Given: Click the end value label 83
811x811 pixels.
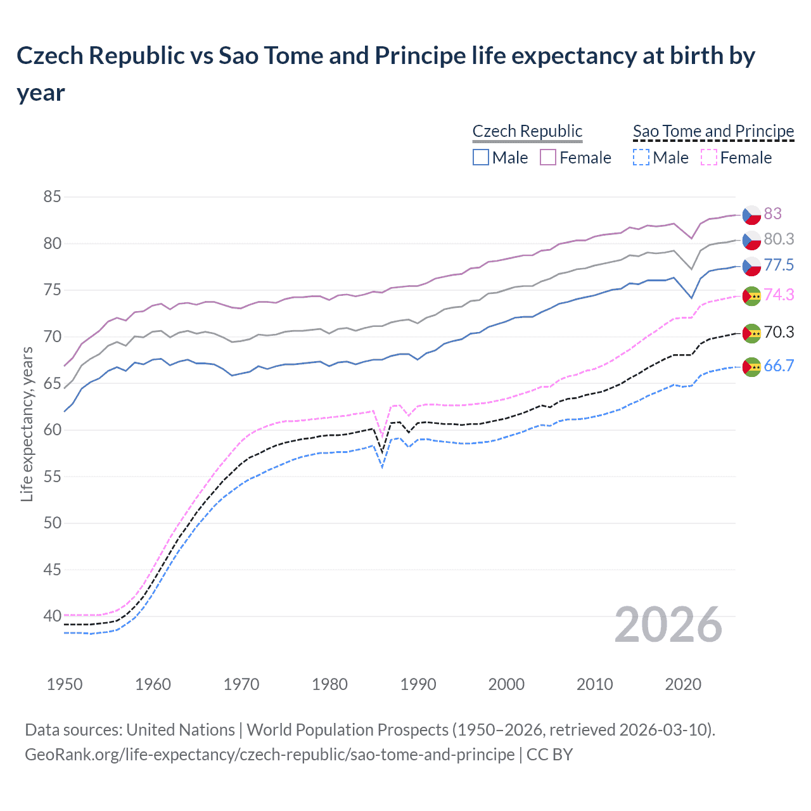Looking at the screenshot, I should (772, 214).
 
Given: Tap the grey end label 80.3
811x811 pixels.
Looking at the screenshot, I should (778, 239).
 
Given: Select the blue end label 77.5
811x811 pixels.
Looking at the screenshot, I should (778, 265).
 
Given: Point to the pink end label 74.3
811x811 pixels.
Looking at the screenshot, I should (778, 295).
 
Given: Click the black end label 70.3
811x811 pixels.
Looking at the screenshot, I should (778, 332).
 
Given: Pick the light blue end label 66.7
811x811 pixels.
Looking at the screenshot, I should (778, 366).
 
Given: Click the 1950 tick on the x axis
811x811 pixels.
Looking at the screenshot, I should (65, 684).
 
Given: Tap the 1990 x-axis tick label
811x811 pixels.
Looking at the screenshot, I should (418, 684).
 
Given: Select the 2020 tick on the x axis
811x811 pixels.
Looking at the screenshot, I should (683, 684).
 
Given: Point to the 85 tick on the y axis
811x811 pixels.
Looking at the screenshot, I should (52, 197).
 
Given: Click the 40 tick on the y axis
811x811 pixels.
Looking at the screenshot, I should (52, 616).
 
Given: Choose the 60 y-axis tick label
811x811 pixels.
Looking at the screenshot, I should (52, 430).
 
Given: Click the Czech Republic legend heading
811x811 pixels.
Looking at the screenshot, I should (527, 131).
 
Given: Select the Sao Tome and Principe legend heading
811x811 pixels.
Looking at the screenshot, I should (713, 131).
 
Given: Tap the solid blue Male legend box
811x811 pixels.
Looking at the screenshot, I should (481, 157).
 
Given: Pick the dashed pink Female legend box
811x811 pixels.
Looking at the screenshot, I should (709, 157).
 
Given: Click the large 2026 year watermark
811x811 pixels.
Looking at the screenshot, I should (668, 625).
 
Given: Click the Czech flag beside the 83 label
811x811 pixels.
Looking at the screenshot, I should (751, 215).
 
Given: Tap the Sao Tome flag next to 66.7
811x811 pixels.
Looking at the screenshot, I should (751, 367).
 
